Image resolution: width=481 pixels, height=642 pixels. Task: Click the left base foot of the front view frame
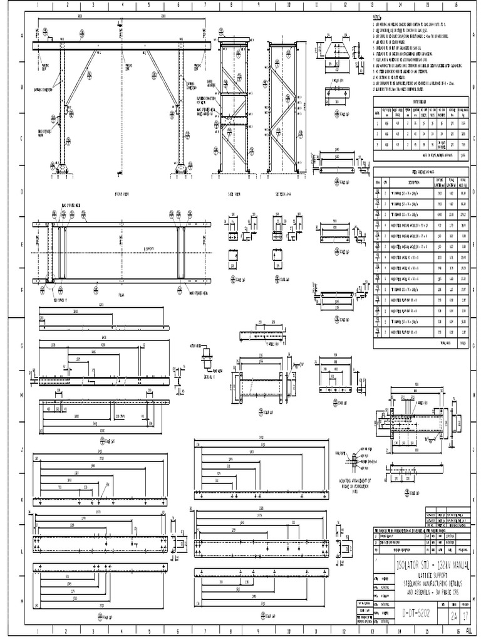(62, 168)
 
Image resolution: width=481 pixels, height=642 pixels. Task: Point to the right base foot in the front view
(181, 168)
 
